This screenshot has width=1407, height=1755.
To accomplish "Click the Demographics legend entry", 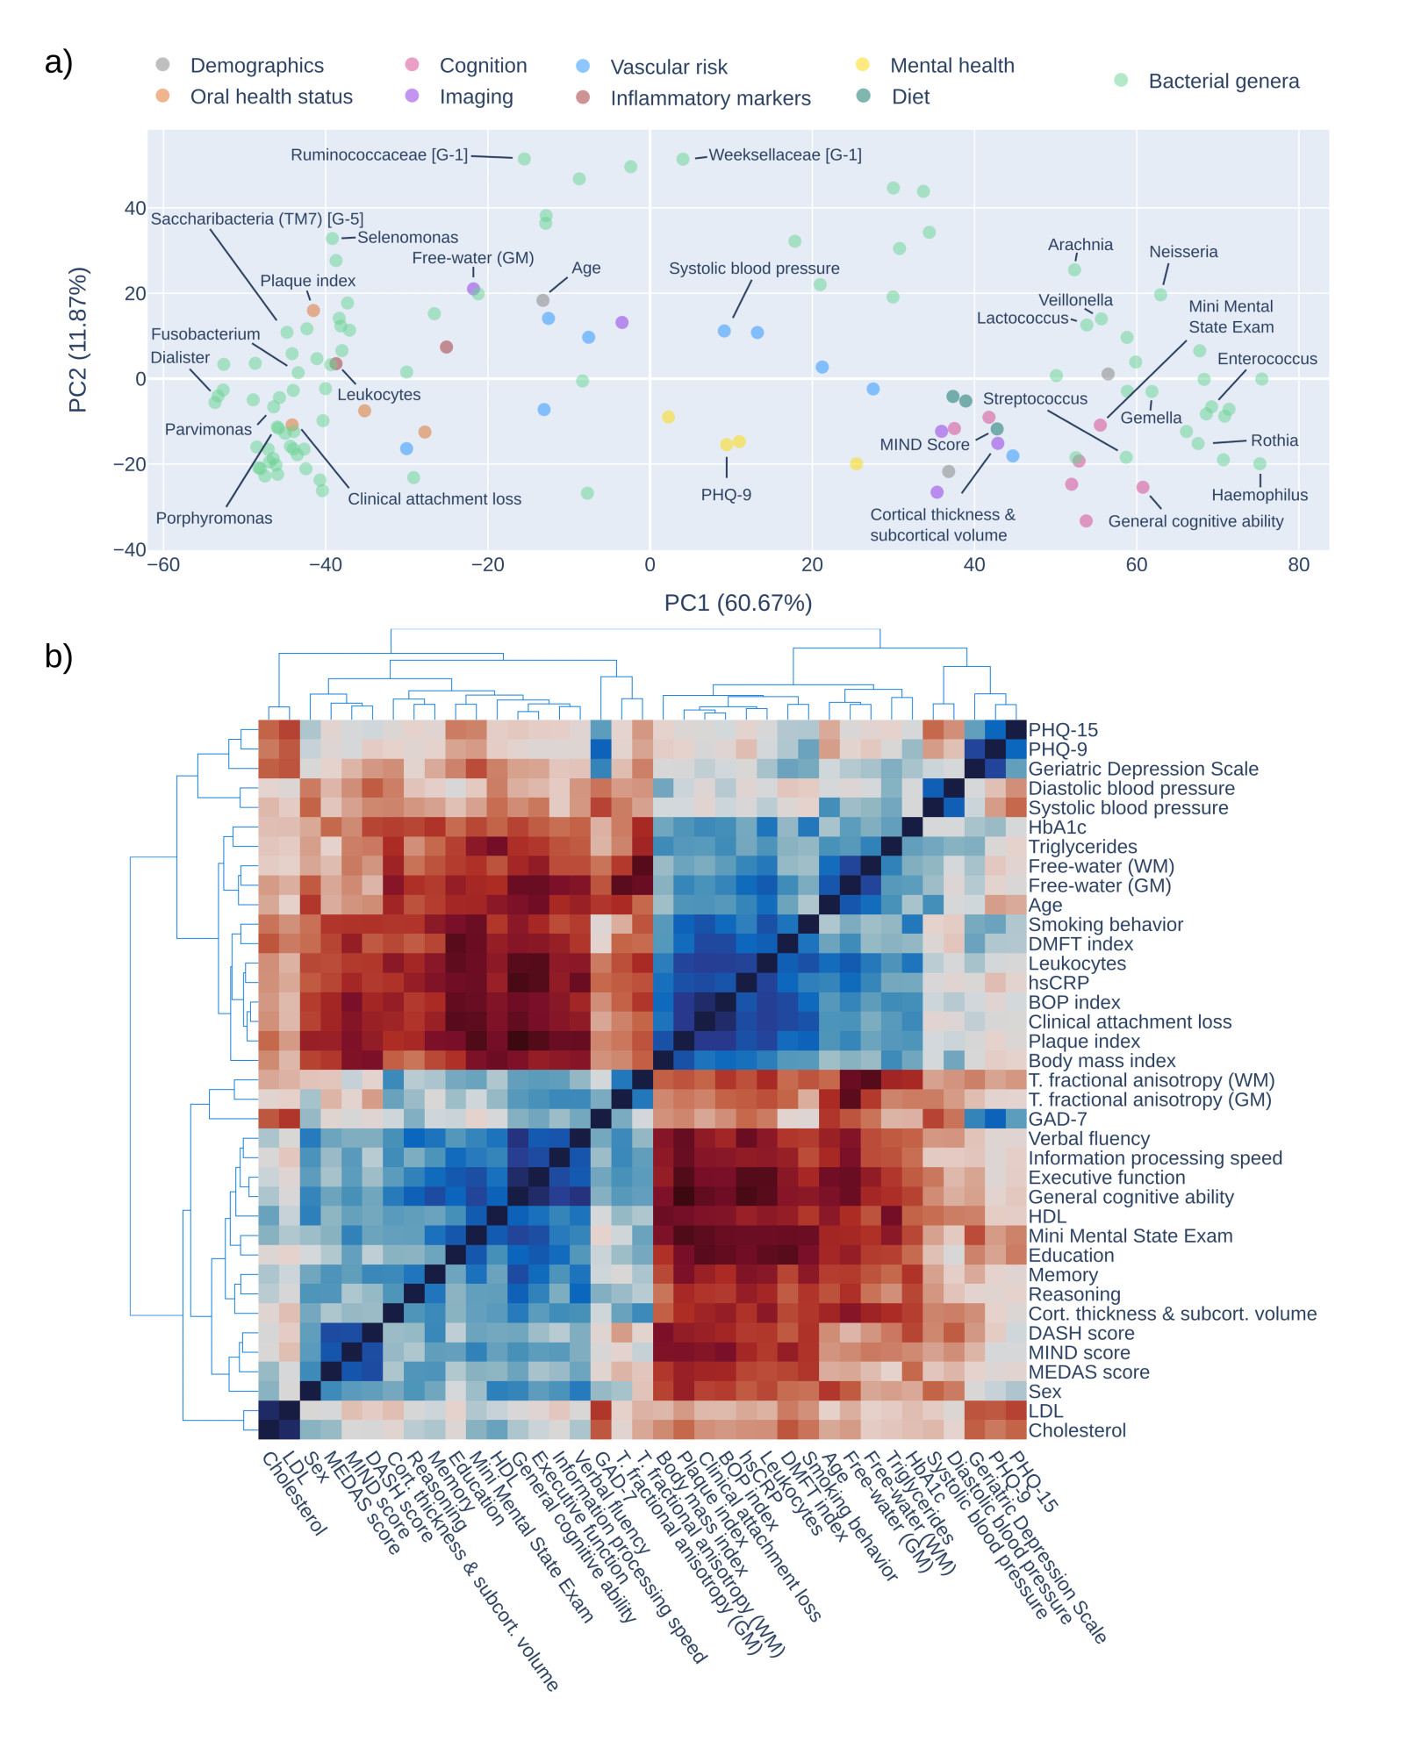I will [256, 66].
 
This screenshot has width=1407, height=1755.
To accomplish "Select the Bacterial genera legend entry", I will [1223, 82].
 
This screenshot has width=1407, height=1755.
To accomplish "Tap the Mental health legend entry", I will [951, 66].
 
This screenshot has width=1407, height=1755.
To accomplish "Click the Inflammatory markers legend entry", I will [710, 98].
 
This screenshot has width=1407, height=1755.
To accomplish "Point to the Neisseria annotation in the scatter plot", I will [1183, 252].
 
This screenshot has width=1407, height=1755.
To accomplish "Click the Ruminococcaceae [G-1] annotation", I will [379, 155].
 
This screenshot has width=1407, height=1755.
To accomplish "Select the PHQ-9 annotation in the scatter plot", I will [726, 495].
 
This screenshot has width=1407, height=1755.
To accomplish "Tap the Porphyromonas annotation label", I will [214, 519].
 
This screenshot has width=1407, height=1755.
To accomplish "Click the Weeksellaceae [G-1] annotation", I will [785, 155].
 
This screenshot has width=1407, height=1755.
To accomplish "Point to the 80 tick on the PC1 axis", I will [1298, 565].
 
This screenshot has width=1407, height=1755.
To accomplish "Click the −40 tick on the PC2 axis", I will [130, 550].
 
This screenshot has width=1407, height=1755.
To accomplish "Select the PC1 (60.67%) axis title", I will [737, 604].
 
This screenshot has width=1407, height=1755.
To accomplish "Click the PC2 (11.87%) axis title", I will [78, 340].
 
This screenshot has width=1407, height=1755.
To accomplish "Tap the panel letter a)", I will [59, 62].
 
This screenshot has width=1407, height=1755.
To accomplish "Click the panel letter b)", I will [59, 656].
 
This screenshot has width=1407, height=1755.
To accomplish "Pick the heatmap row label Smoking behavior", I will [1105, 925].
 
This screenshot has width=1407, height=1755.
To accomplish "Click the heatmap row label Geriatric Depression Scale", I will [1143, 770].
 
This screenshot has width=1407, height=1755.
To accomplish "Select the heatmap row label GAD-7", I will [1057, 1120].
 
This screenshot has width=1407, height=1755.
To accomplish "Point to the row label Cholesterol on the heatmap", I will [1077, 1430].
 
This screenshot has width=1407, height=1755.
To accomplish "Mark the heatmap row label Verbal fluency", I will [1088, 1139].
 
